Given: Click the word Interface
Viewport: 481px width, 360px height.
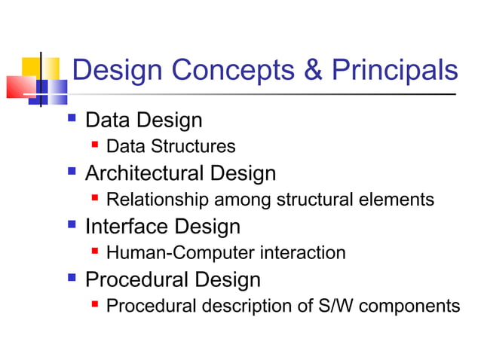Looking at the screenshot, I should pos(121,226).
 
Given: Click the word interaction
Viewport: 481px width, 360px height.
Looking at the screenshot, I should pos(302,252).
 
